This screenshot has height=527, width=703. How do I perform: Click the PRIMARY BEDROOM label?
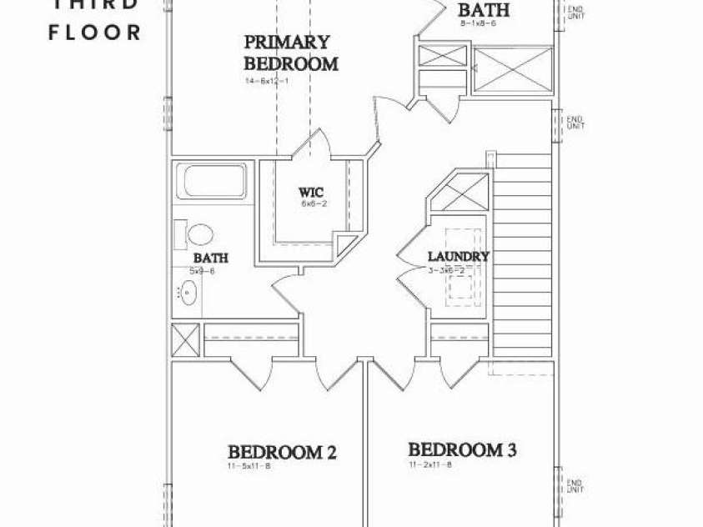click(x=290, y=53)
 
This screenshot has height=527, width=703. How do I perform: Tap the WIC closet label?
click(x=311, y=193)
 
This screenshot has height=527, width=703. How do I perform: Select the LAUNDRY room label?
click(x=458, y=257)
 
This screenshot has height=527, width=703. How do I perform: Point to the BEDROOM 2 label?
click(x=282, y=453)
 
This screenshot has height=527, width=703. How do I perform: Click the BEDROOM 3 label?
click(x=462, y=450)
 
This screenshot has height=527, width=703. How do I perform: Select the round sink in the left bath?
click(x=189, y=293)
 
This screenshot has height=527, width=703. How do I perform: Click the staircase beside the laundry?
click(x=524, y=250)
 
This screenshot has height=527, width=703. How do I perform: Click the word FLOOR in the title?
click(x=95, y=33)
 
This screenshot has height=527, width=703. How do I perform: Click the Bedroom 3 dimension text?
click(x=429, y=464)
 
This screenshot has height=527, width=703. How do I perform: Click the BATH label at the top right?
click(x=484, y=11)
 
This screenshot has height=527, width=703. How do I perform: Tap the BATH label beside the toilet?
click(x=210, y=258)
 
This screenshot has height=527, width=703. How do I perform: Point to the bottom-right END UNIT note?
click(x=575, y=484)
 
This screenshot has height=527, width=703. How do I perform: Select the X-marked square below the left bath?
click(x=183, y=341)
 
